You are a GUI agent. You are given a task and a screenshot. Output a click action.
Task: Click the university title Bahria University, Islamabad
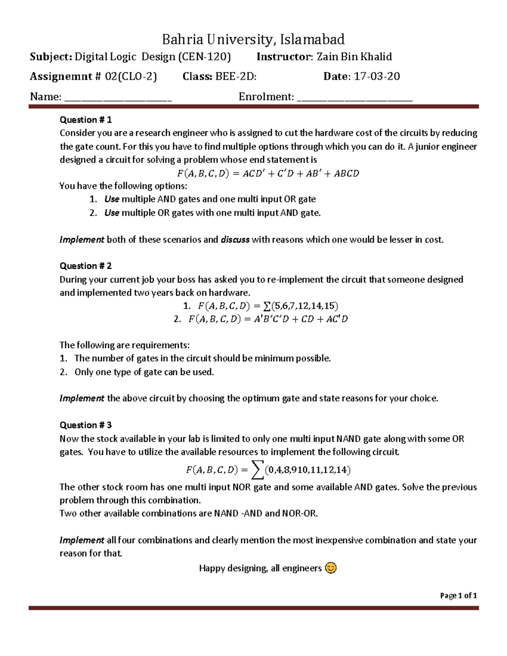point(253,39)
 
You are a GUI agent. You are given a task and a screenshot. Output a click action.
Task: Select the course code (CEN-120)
point(204,57)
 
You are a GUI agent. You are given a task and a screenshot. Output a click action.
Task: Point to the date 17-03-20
point(376,76)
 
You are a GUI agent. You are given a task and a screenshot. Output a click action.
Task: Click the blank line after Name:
point(118,98)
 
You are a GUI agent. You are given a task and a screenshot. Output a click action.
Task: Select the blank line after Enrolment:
point(355,98)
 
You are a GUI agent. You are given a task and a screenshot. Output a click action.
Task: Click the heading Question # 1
point(85,120)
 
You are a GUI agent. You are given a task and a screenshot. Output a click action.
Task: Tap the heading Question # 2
point(85,266)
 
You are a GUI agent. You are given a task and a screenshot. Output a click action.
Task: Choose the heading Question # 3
point(85,425)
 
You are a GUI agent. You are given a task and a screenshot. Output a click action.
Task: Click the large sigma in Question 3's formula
point(256,470)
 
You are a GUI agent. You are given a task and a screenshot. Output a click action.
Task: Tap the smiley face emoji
point(331,568)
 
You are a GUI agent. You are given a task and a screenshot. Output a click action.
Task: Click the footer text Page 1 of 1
point(458,596)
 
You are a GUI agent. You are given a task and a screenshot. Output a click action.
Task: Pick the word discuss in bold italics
point(235,240)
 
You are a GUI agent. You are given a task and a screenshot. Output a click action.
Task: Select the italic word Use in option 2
point(112,213)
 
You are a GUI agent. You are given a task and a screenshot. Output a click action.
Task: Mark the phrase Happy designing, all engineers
point(260,569)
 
